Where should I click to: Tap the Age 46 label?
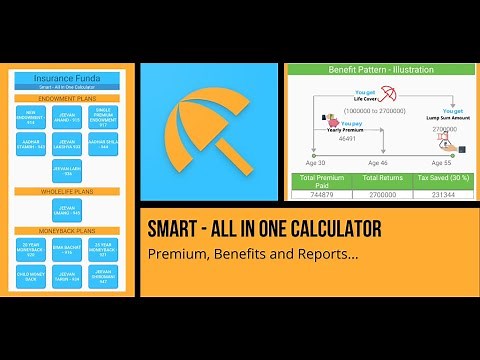coord(377,162)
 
